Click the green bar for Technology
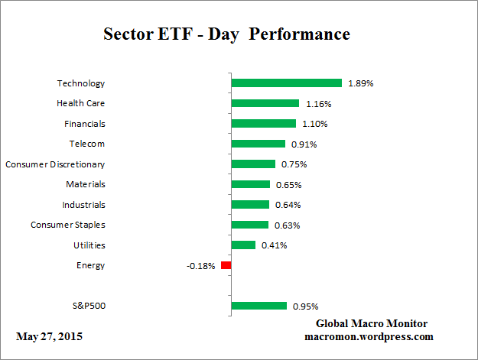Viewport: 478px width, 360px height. click(286, 83)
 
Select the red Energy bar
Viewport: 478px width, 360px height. click(226, 265)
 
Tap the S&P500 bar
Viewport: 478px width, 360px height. click(259, 306)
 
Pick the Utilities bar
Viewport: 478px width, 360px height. click(243, 245)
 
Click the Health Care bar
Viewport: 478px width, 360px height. click(265, 103)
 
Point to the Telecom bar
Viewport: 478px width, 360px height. click(258, 144)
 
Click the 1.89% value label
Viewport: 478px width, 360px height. click(360, 83)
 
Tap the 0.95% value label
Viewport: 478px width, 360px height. click(305, 306)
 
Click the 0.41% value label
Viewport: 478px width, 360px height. click(273, 245)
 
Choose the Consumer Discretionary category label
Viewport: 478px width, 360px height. click(55, 164)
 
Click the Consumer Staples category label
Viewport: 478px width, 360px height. click(68, 225)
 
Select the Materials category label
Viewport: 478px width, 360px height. click(85, 184)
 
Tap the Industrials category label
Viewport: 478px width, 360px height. click(83, 205)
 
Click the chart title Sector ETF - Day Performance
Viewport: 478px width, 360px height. click(226, 34)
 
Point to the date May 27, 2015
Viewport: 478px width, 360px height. click(49, 336)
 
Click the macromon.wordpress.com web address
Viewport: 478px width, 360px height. click(369, 336)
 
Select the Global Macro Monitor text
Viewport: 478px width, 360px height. click(372, 323)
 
